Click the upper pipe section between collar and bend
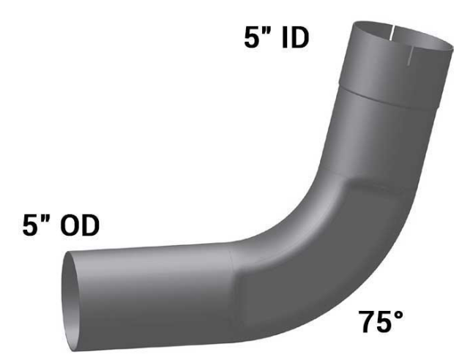(377, 139)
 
